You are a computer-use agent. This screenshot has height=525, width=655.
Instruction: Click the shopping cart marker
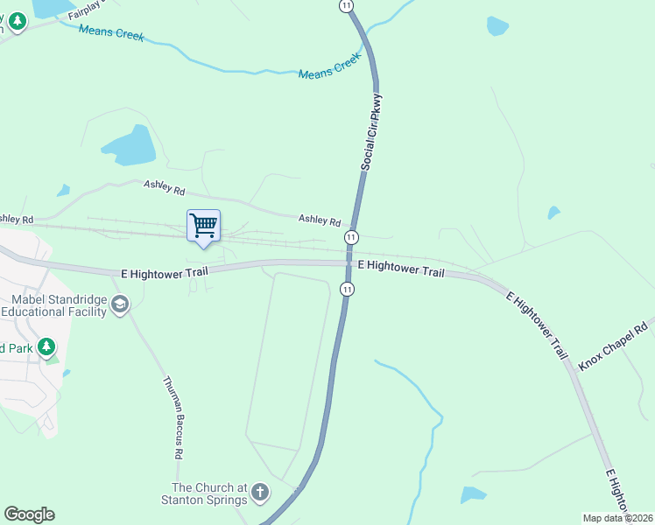204,226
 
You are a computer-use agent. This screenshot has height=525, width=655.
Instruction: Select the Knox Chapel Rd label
612,345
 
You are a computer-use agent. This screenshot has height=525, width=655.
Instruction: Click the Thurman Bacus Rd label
173,417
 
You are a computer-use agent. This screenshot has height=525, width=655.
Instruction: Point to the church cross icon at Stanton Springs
259,493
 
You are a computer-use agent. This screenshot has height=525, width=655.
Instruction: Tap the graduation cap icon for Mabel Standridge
120,304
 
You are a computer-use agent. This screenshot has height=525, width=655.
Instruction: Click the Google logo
29,514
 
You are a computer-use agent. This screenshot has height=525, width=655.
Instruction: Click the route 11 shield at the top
348,5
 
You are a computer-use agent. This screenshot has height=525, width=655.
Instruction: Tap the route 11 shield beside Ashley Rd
351,237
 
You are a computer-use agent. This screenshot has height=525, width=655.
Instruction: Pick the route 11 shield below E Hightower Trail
348,289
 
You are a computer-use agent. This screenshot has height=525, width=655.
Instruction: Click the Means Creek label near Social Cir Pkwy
327,74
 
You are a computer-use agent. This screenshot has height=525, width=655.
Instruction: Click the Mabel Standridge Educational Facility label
58,304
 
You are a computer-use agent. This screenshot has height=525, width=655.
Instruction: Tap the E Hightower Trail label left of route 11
164,274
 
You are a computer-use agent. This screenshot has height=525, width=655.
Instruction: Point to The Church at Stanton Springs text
215,493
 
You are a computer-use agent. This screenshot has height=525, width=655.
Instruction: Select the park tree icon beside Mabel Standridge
46,347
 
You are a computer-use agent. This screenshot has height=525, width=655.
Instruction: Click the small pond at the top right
497,25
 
